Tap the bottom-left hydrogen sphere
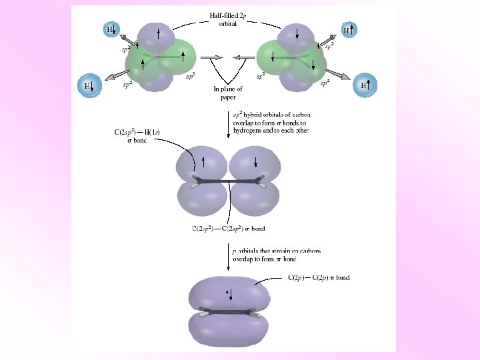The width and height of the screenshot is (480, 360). pos(88,85)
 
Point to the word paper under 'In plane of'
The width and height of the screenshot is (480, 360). pos(228,97)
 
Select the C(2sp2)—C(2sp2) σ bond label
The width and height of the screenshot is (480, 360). pos(227,229)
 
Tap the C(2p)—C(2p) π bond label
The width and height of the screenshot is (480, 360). pos(319,277)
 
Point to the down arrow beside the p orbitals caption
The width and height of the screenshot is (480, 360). pos(229,256)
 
